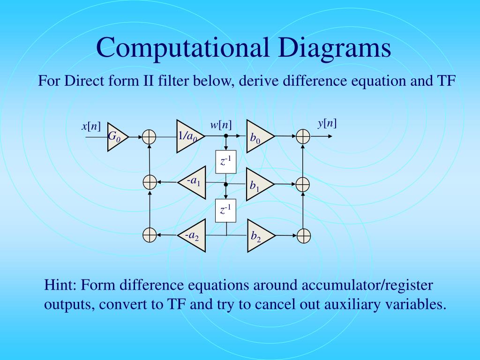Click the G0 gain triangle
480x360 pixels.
[116, 137]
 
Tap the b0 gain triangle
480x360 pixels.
[258, 137]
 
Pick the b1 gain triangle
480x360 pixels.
[258, 184]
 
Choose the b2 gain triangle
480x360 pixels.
[258, 235]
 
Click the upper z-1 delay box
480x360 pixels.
[226, 161]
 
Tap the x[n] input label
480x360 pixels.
[91, 126]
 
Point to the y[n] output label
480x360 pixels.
[327, 123]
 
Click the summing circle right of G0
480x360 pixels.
[149, 137]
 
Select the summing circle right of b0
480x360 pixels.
[303, 137]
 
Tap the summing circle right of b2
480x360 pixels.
[303, 235]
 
